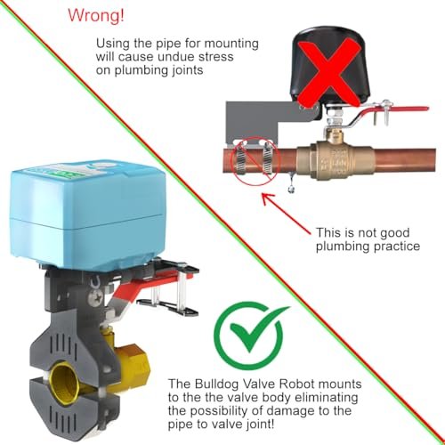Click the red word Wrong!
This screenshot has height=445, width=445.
click(96, 15)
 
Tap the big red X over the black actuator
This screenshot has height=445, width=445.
click(329, 73)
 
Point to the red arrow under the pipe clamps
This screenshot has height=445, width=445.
click(287, 214)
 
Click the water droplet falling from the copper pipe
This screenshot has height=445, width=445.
click(291, 187)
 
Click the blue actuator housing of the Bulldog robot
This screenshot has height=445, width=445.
click(86, 212)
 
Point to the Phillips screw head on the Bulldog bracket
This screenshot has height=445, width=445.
click(97, 296)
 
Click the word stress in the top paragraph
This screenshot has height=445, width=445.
click(216, 57)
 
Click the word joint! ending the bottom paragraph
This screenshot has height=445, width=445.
click(261, 425)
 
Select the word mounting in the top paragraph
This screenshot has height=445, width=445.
click(231, 44)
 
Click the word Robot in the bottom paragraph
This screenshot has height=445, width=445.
click(297, 384)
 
